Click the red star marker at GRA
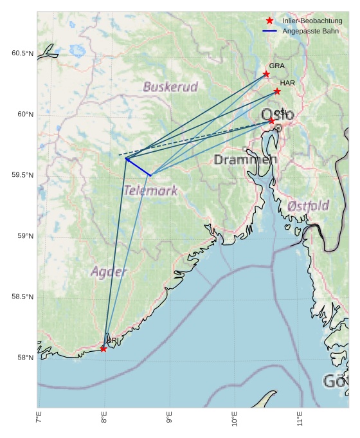(x=266, y=74)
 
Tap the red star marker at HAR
(x=277, y=91)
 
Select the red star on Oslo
(x=271, y=121)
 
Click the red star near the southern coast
(x=104, y=349)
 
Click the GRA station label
(x=276, y=66)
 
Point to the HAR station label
(x=287, y=83)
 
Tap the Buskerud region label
(x=170, y=86)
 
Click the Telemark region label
(x=150, y=190)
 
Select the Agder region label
(x=109, y=271)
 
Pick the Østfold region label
(x=309, y=206)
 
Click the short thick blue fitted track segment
(x=138, y=167)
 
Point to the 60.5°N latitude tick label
(x=22, y=53)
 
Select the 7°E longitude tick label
(x=39, y=421)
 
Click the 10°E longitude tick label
(x=235, y=421)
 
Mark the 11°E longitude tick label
(x=300, y=421)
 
